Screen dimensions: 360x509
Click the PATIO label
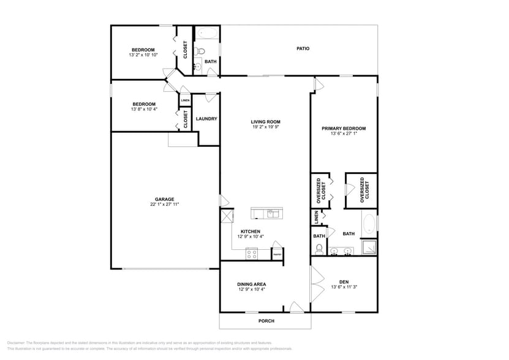[x=303, y=48]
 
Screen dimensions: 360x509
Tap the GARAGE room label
[x=164, y=199]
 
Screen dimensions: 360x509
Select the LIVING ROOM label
[x=265, y=122]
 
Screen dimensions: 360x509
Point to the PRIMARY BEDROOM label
[x=344, y=129]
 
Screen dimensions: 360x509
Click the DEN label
[x=344, y=282]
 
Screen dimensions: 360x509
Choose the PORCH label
[x=266, y=321]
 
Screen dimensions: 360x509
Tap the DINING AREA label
[x=251, y=284]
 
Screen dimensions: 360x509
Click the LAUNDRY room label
[x=206, y=119]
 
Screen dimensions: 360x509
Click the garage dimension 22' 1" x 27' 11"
[x=164, y=204]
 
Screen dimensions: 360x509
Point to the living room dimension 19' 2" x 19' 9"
[x=265, y=127]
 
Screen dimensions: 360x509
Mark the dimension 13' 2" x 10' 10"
[x=143, y=55]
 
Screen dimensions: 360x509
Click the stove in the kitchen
[x=251, y=253]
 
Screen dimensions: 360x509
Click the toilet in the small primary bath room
[x=319, y=249]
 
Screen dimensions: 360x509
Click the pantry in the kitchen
[x=277, y=253]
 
